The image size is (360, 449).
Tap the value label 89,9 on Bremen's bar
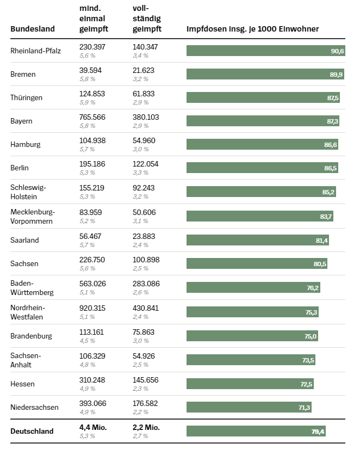pos(336,75)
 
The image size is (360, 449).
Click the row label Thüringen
pos(26,97)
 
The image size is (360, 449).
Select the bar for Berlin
pos(262,168)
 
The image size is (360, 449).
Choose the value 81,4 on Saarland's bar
pos(321,240)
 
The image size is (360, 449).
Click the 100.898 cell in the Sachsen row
pos(146,260)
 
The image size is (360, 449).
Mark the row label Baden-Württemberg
pos(32,287)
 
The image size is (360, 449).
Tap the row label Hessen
pos(22,384)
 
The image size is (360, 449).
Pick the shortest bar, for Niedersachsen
pos(249,407)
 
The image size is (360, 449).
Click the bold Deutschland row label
pos(32,431)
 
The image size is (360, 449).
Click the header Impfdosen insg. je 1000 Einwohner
pos(252,29)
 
